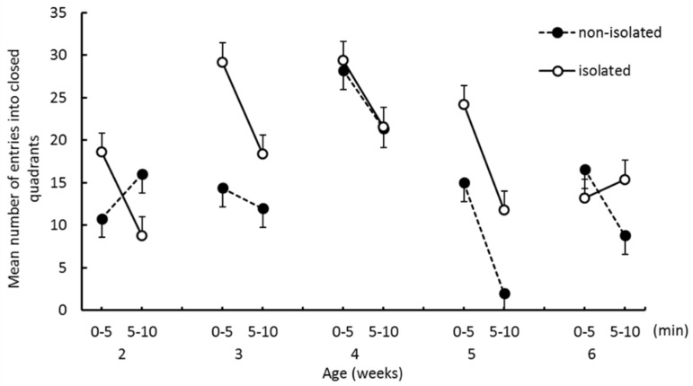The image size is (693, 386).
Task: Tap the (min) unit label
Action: coord(669,331)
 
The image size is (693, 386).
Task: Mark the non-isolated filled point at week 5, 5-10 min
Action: coord(504,294)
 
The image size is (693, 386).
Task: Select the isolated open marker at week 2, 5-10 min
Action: coord(142,235)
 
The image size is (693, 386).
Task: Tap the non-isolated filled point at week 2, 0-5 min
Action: coord(102,219)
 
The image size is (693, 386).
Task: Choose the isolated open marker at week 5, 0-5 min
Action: coord(464,104)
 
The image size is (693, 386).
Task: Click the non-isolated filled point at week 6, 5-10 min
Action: coord(625,235)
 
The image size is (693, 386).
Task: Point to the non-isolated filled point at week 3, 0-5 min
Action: coord(222,189)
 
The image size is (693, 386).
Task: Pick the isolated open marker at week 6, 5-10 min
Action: coord(625,180)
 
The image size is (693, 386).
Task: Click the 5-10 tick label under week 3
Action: coord(262,331)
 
